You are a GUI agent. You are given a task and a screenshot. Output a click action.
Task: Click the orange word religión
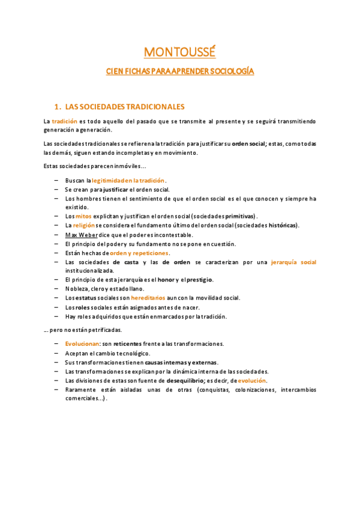coord(84,225)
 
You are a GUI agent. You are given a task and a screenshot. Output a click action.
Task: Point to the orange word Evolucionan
coord(82,344)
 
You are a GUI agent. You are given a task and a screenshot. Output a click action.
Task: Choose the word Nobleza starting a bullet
coord(76,289)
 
